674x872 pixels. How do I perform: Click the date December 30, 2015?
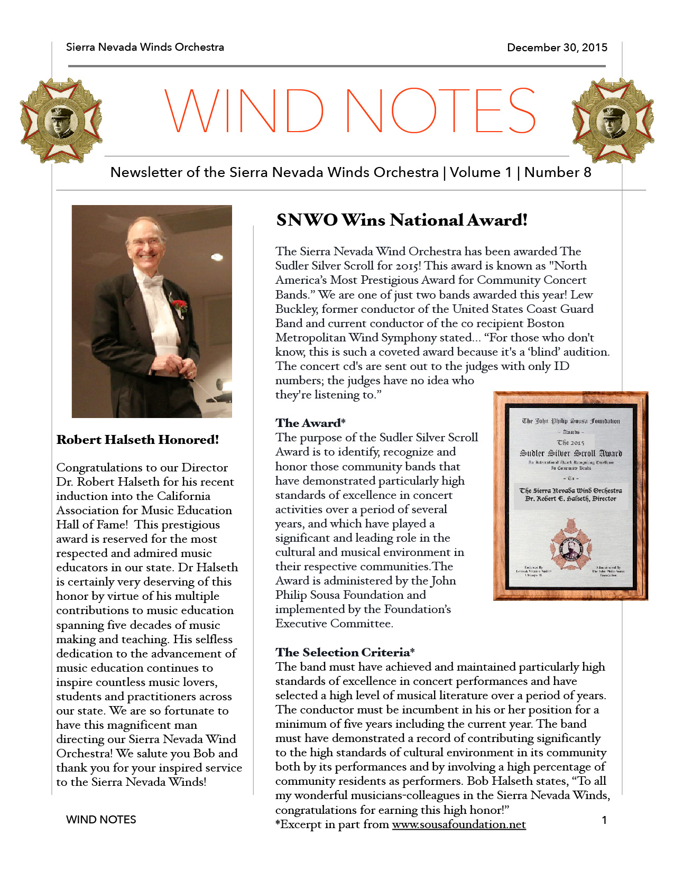(557, 48)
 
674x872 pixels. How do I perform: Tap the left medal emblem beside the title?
(61, 120)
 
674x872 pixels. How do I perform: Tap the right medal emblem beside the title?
(613, 120)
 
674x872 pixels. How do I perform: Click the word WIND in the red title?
(244, 111)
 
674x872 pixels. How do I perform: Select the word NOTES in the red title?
(441, 111)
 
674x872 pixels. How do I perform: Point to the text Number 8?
(558, 172)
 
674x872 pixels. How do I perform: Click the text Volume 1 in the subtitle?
(481, 172)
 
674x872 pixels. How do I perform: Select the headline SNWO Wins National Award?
(402, 220)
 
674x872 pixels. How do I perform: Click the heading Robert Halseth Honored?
(137, 440)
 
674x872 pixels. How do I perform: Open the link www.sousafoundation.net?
(459, 824)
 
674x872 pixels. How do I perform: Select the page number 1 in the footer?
(604, 820)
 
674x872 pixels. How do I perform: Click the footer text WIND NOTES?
(101, 820)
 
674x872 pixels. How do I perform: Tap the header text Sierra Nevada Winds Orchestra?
(145, 47)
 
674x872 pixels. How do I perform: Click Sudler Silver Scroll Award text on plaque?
(571, 453)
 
